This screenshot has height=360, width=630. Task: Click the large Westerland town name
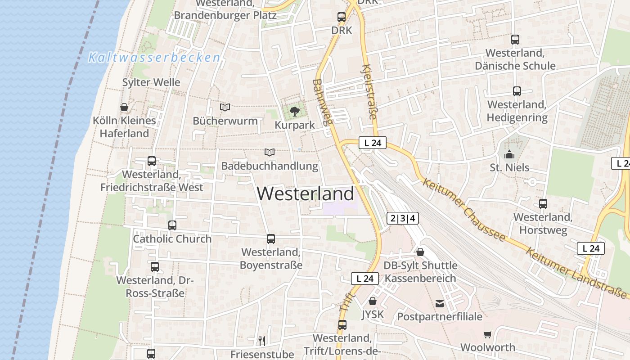coord(306,194)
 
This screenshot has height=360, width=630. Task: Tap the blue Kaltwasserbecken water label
coord(154,58)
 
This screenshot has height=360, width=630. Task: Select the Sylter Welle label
coord(151,82)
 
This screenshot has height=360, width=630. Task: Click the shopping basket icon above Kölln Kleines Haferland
coord(124,107)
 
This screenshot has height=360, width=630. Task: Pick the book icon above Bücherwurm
coord(225,107)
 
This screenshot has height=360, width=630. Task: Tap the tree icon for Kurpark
coord(295,111)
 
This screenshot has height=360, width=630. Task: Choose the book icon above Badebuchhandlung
coord(270,152)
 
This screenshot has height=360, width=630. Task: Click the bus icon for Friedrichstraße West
coord(152,161)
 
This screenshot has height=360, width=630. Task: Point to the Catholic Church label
coord(172,239)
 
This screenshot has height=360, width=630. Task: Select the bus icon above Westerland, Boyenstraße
coord(271,239)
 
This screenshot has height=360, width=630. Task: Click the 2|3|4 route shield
coord(403,219)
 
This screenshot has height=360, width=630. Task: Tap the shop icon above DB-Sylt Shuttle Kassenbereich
coord(420,252)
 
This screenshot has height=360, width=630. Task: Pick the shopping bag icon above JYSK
coord(373,301)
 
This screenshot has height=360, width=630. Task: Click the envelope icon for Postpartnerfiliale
coord(440,303)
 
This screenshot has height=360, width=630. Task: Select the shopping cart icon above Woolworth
coord(488,334)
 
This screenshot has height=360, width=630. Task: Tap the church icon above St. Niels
coord(509,154)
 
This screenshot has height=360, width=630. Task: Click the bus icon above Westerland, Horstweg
coord(543,203)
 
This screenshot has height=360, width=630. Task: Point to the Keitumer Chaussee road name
coord(464,210)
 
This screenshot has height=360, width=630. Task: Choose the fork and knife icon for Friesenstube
coord(262,341)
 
